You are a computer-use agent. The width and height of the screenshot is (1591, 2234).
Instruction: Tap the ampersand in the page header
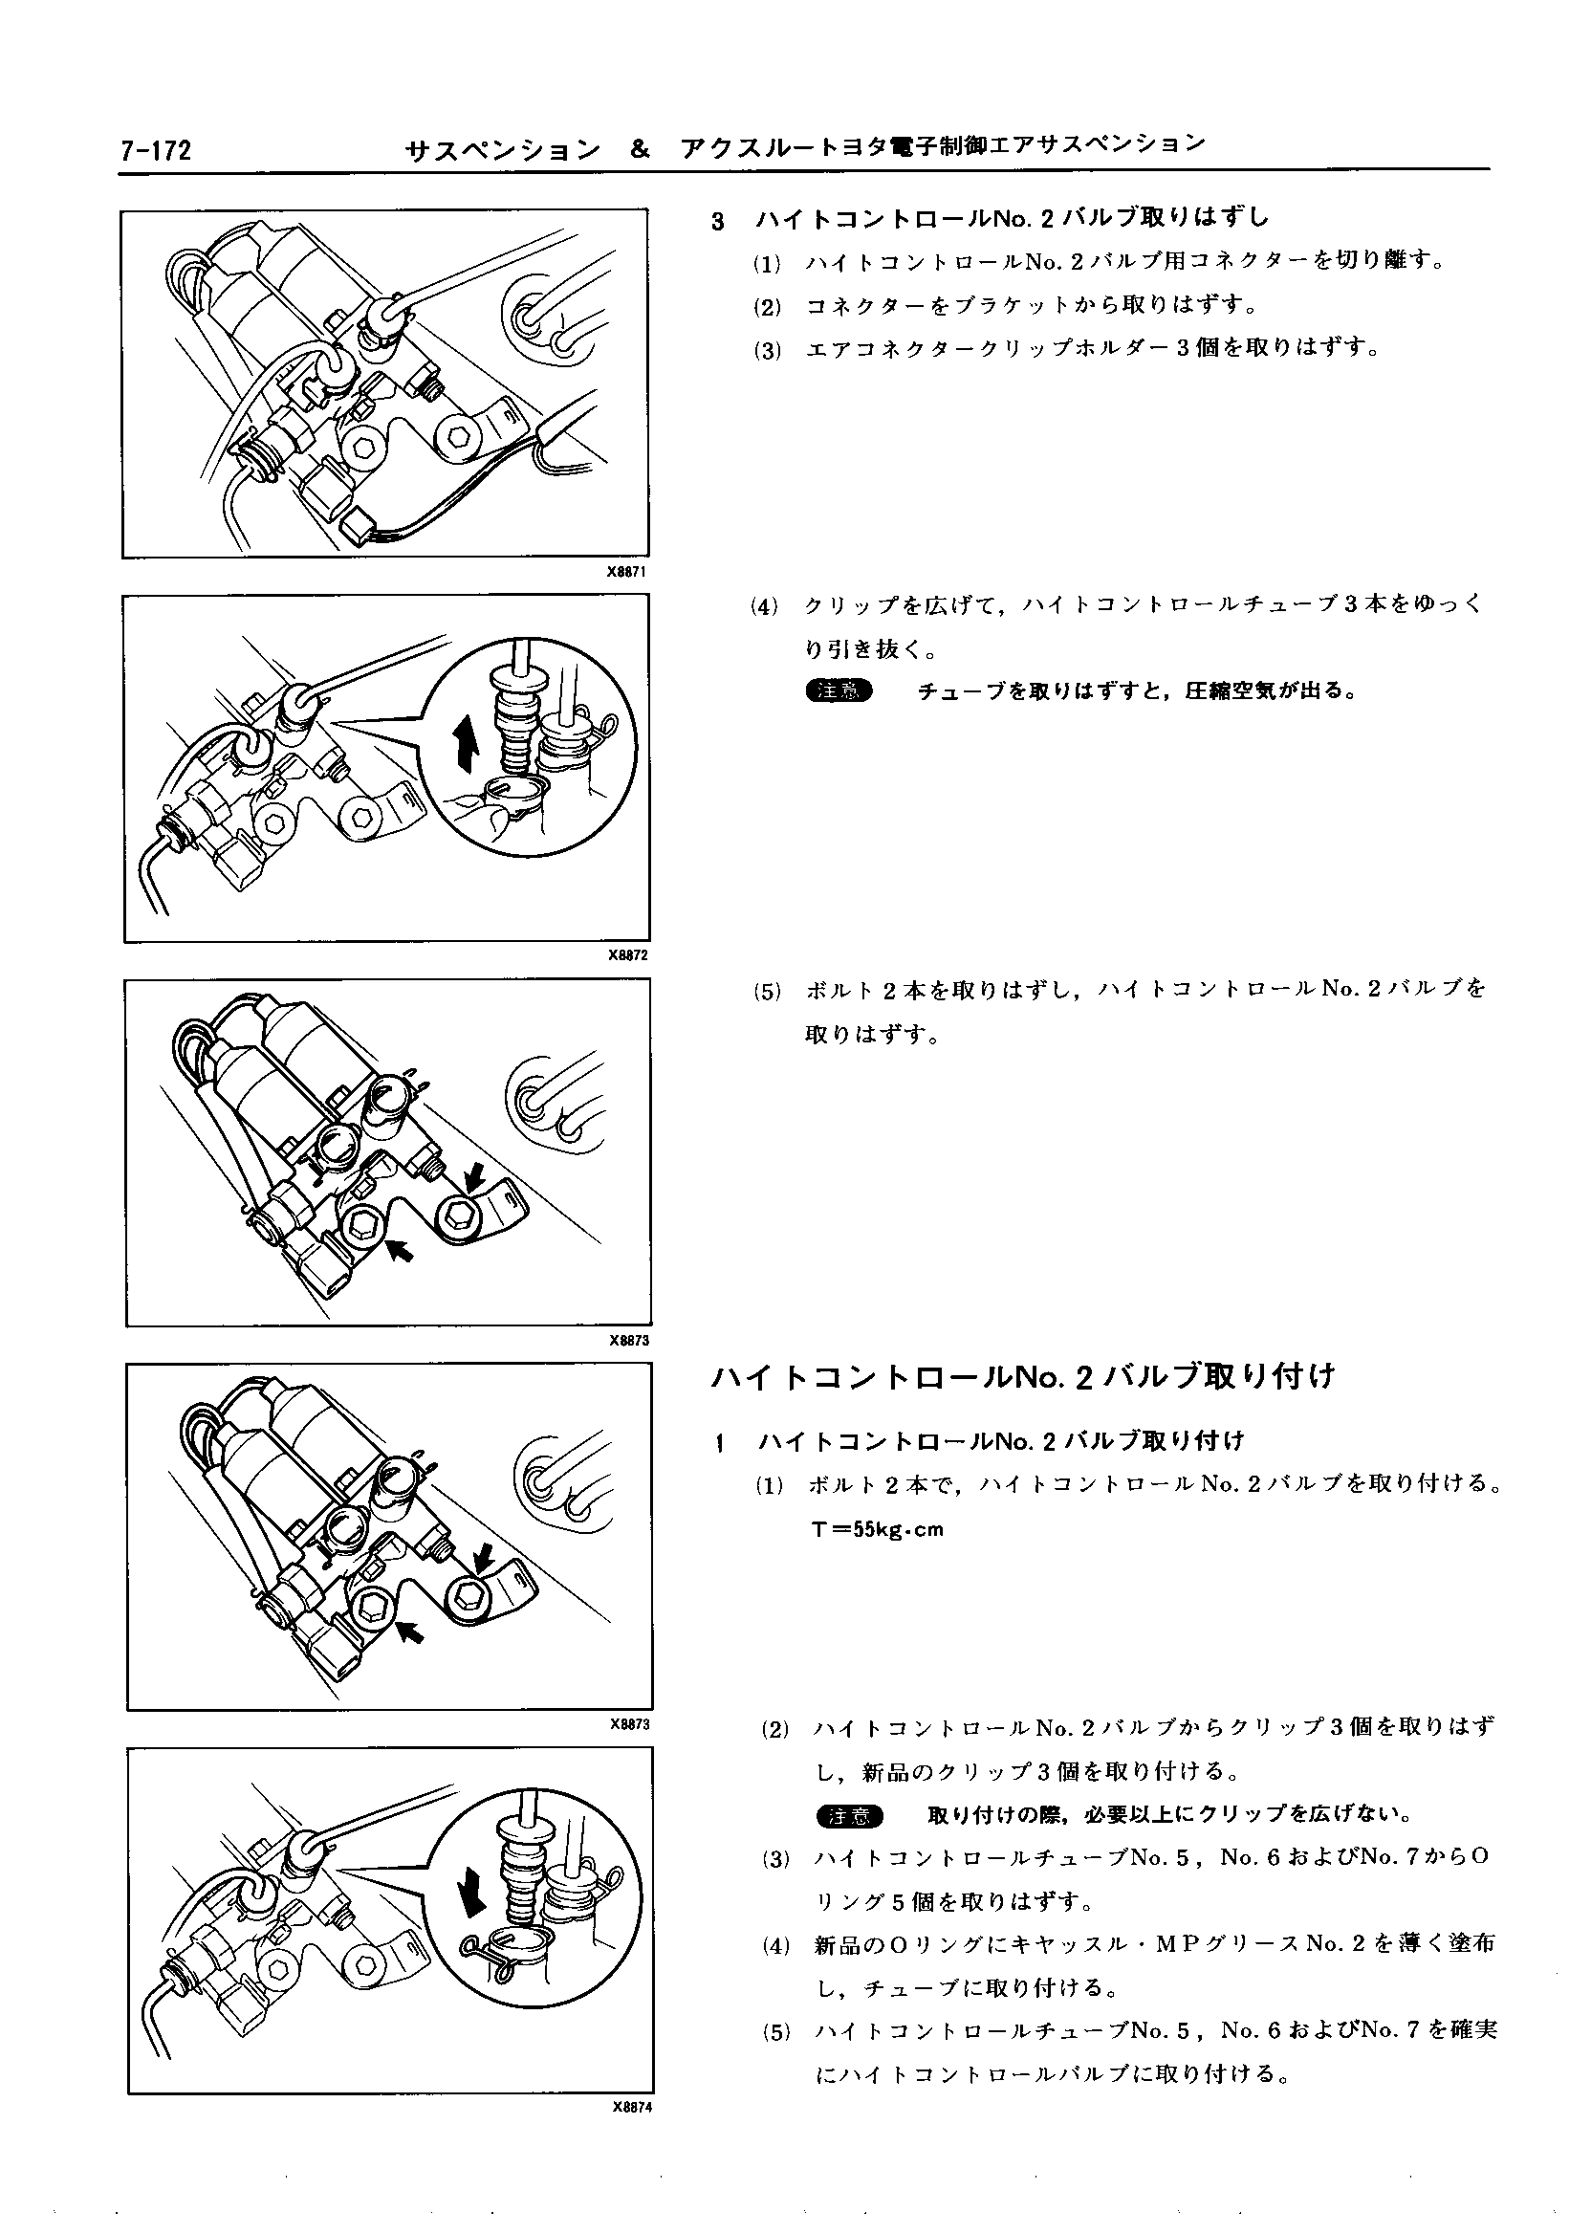pyautogui.click(x=639, y=150)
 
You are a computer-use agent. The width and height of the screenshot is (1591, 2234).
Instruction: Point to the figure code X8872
pyautogui.click(x=628, y=955)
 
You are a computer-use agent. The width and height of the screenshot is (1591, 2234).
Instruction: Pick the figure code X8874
pyautogui.click(x=631, y=2109)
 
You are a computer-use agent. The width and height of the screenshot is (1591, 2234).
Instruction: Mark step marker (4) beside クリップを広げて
pyautogui.click(x=764, y=605)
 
